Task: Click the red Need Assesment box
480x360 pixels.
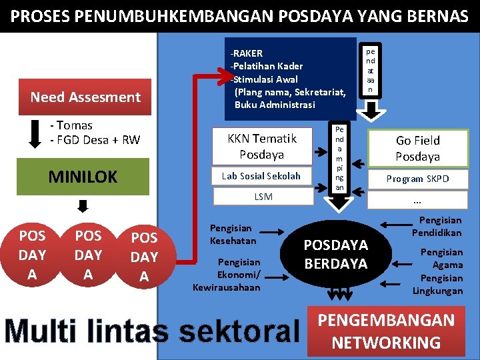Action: click(85, 97)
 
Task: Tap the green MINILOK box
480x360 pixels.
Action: click(83, 177)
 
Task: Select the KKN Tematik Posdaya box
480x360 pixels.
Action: click(262, 147)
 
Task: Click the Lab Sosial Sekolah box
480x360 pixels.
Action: click(262, 176)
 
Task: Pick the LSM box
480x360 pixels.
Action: click(263, 197)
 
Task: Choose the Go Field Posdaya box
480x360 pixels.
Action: click(418, 148)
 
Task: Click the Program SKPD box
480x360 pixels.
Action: click(418, 179)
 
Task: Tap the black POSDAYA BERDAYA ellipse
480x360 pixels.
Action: click(335, 254)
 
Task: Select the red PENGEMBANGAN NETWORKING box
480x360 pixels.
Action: click(386, 331)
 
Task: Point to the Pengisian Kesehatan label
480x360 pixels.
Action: click(231, 234)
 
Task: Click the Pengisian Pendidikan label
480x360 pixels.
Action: click(437, 227)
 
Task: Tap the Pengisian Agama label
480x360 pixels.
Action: click(441, 258)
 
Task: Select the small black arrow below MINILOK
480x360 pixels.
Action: click(82, 205)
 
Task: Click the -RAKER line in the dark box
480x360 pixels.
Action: click(247, 53)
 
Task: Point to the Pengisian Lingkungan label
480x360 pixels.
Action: click(437, 285)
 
